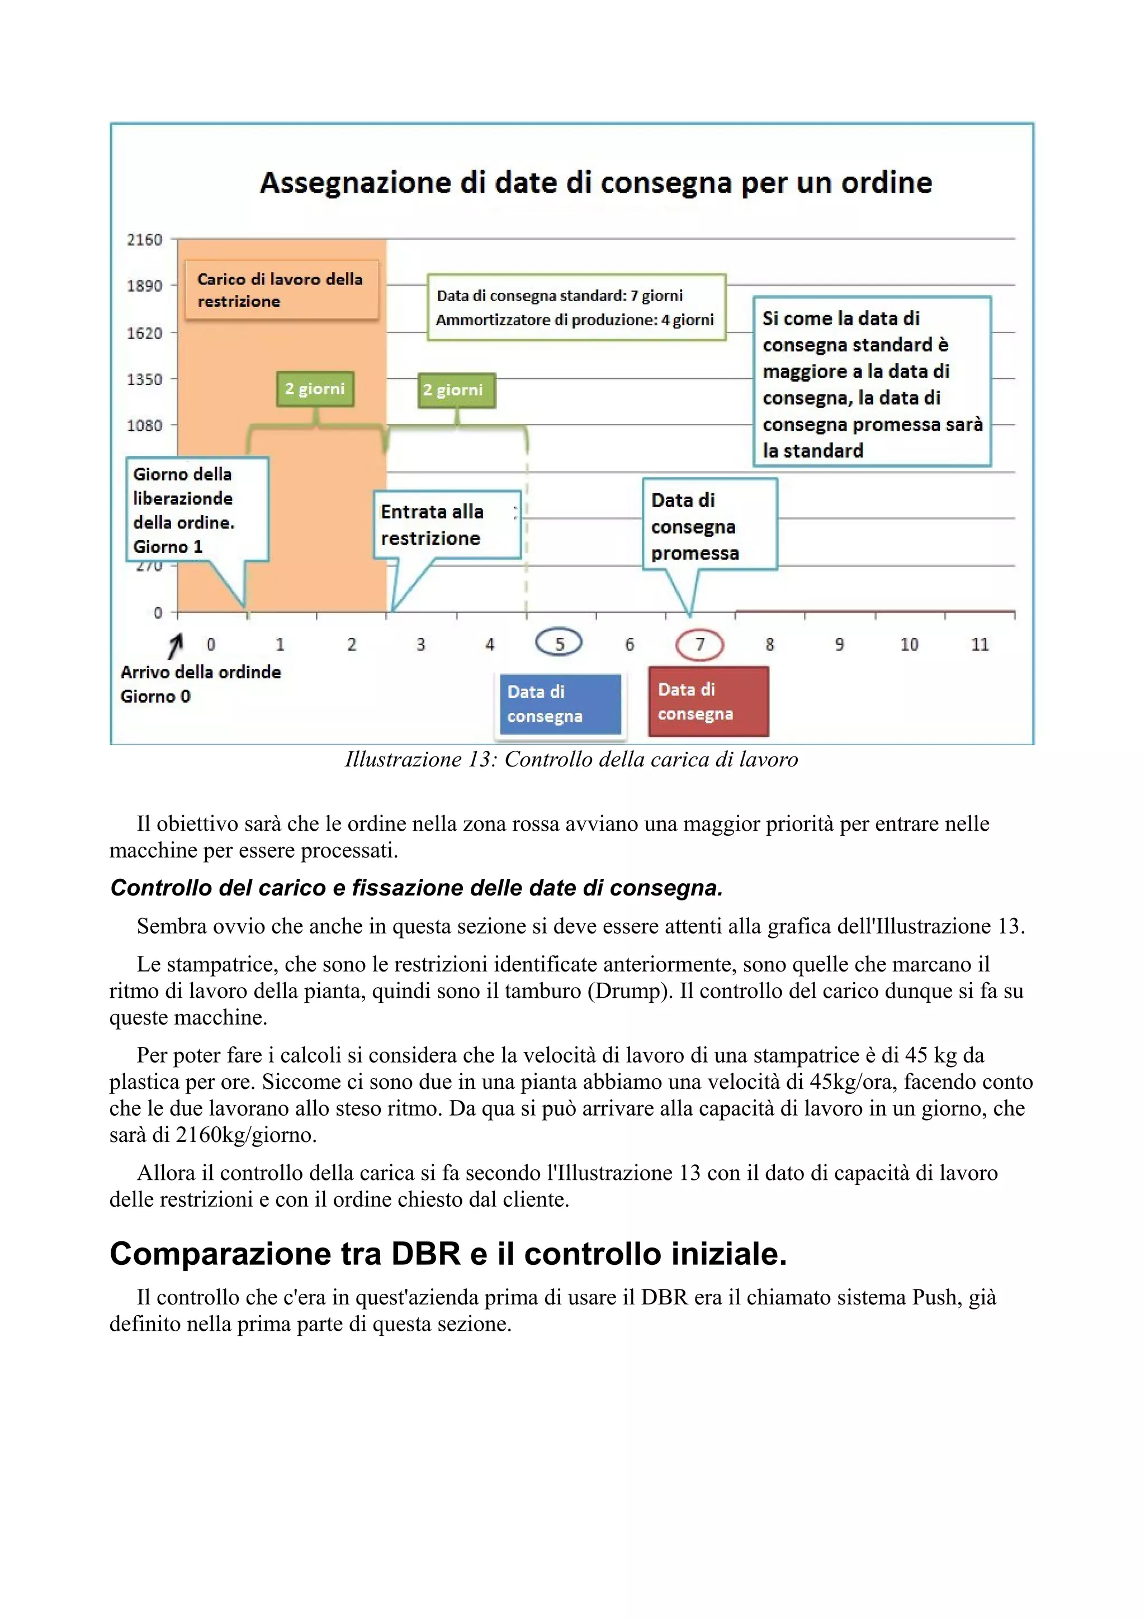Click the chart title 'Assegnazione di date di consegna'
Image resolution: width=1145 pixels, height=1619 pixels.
pyautogui.click(x=596, y=183)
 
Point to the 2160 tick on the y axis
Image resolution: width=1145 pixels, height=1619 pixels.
pyautogui.click(x=145, y=240)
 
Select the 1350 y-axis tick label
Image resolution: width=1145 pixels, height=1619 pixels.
pyautogui.click(x=145, y=379)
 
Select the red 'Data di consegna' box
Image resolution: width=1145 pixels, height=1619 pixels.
pyautogui.click(x=708, y=702)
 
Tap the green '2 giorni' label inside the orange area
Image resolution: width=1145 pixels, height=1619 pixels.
pyautogui.click(x=315, y=388)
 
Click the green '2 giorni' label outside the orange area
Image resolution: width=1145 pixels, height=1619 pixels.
pyautogui.click(x=456, y=390)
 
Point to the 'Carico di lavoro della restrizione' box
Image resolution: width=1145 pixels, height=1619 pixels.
pyautogui.click(x=281, y=290)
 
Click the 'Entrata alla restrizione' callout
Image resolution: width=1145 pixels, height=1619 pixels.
pyautogui.click(x=446, y=525)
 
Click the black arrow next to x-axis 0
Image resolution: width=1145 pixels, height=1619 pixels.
pyautogui.click(x=176, y=645)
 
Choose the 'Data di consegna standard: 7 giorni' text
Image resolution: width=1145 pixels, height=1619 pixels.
pyautogui.click(x=560, y=296)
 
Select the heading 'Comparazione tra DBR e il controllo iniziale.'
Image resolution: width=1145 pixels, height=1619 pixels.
pyautogui.click(x=448, y=1254)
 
